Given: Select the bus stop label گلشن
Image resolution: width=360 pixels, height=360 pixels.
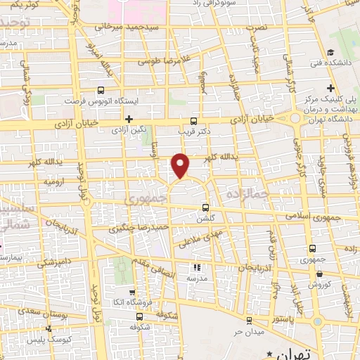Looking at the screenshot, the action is point(204,218).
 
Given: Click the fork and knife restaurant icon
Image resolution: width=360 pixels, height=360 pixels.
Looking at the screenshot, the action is point(196,267).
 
